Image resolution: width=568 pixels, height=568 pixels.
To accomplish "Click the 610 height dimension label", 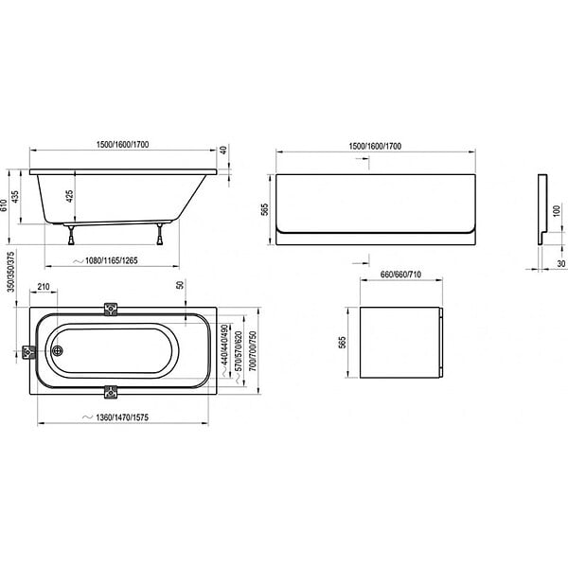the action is [4, 205].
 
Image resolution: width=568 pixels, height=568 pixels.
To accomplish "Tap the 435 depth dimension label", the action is [15, 197].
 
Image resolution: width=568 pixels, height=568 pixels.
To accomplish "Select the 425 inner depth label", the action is [69, 196].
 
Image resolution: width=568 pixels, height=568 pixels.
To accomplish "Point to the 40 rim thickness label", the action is [223, 151].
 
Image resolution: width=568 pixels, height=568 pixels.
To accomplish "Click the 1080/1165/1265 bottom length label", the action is [111, 261].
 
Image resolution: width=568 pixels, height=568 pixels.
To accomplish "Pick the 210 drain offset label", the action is [44, 287].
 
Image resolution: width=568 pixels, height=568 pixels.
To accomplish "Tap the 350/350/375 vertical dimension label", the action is [11, 272].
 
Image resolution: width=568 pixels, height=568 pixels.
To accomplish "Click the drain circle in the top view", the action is [57, 350].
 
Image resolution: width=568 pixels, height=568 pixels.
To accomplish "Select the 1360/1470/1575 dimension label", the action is [122, 417].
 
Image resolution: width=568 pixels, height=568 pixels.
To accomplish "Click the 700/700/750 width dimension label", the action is [253, 351].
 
